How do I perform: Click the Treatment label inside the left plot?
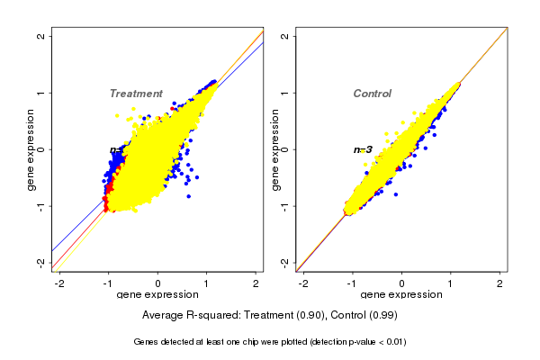pos(136,94)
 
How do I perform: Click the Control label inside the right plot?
pos(372,94)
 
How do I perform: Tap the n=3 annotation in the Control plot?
pos(363,149)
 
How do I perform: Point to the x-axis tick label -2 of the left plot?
pos(59,283)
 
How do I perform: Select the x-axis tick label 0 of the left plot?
pos(158,283)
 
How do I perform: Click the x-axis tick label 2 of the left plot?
pos(256,283)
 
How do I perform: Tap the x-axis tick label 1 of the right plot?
pos(452,283)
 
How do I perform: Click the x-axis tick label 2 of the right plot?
pos(501,283)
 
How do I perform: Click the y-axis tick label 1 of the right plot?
pos(285,93)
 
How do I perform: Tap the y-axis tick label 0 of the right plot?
pos(285,149)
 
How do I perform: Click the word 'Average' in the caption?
pos(164,316)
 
